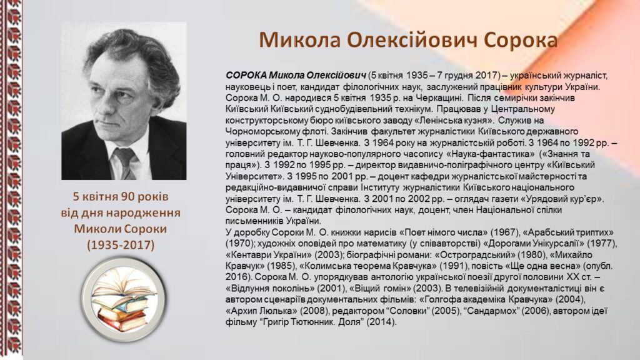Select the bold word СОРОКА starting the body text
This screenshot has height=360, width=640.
click(x=246, y=76)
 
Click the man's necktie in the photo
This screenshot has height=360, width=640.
click(x=125, y=162)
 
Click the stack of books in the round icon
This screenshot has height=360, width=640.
click(x=122, y=299)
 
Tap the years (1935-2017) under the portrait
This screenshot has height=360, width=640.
click(x=121, y=245)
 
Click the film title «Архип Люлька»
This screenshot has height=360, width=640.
click(x=262, y=311)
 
